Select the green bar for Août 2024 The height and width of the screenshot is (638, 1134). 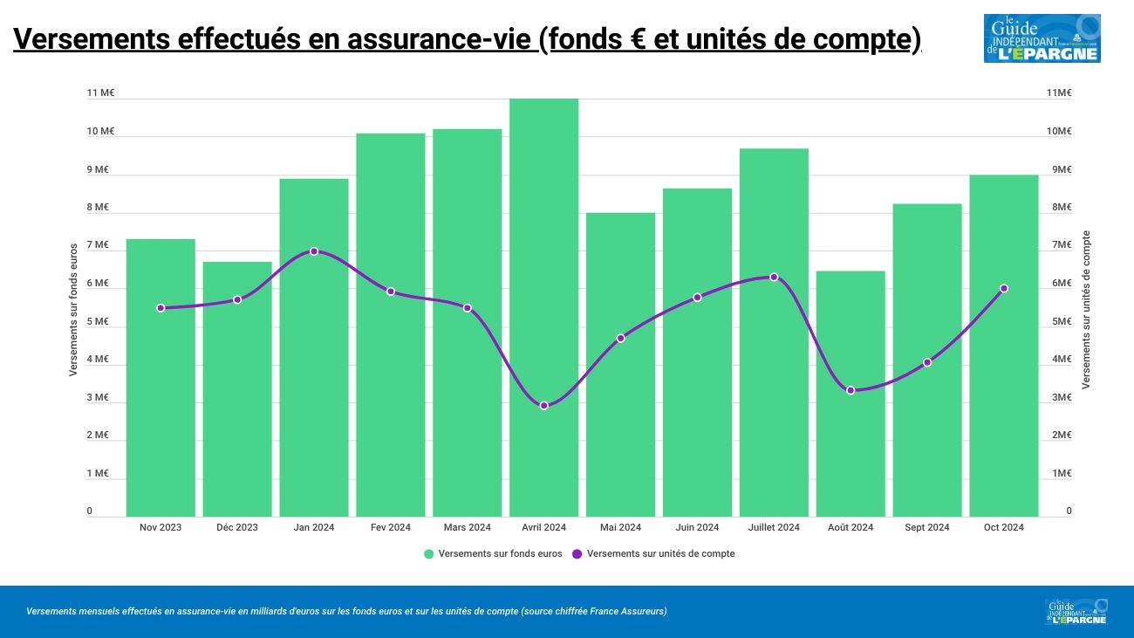[850, 394]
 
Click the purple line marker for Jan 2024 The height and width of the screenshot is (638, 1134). [314, 251]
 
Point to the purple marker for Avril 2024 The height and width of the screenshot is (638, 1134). [543, 406]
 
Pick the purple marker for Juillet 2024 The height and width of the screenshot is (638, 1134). [774, 278]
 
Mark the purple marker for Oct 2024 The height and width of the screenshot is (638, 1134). [1004, 288]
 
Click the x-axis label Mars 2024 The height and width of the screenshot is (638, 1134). [467, 527]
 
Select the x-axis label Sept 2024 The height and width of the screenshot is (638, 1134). [927, 527]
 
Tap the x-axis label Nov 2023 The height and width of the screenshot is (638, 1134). [161, 527]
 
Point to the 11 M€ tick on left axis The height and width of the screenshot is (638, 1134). [100, 93]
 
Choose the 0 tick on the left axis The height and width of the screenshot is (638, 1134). [90, 511]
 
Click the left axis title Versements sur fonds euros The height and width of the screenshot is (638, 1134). [74, 310]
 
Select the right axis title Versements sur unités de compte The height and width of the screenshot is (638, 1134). [1086, 310]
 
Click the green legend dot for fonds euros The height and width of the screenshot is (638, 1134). [428, 554]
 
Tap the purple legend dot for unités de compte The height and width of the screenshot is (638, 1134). [577, 554]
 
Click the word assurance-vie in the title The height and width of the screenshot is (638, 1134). [441, 40]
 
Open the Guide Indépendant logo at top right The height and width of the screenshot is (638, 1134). [1042, 38]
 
